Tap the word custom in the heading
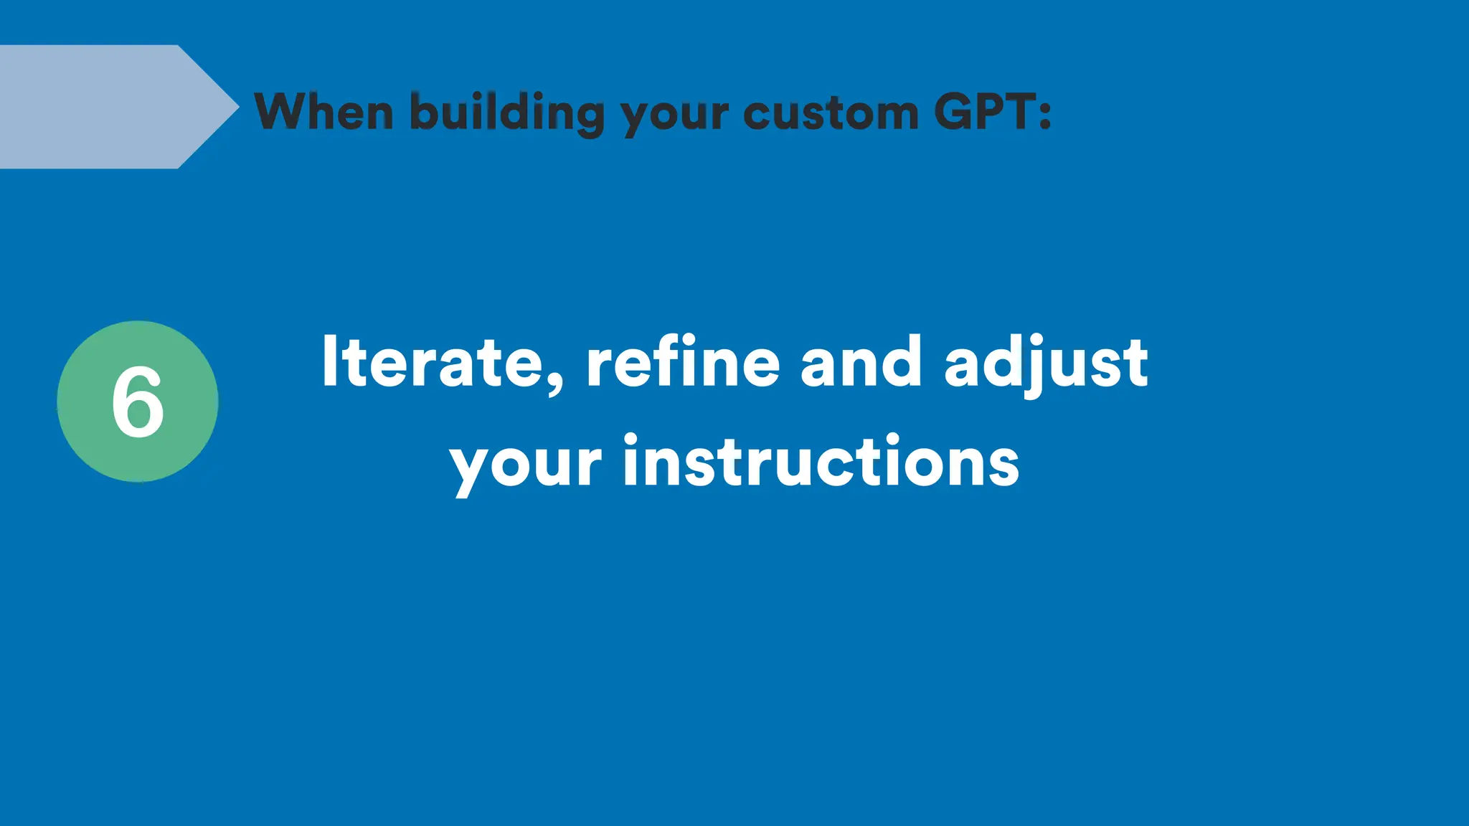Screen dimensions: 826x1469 pos(831,113)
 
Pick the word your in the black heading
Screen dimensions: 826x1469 pos(674,115)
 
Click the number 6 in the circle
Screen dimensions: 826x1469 pos(138,402)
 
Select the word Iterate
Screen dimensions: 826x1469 pos(432,362)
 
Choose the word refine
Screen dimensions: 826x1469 pos(682,362)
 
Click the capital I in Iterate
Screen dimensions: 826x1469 pos(330,361)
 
